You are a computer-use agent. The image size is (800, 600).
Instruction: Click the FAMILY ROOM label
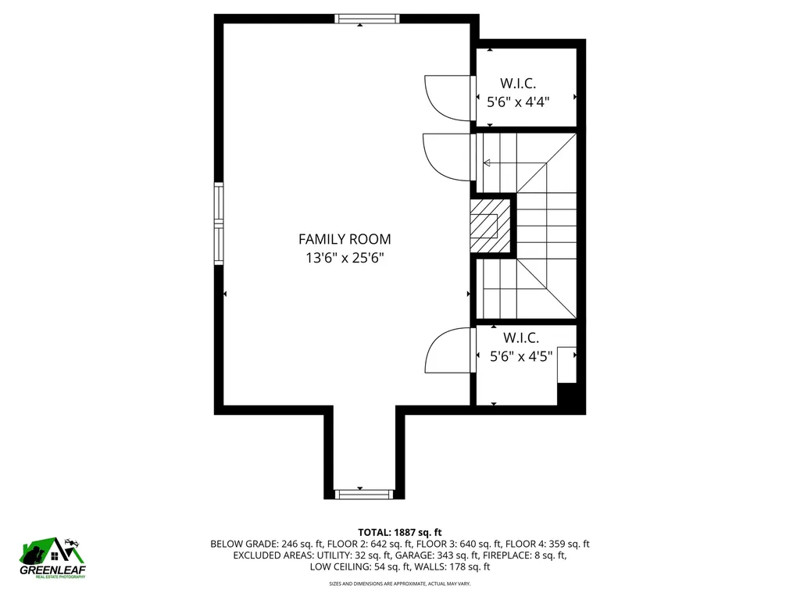345,239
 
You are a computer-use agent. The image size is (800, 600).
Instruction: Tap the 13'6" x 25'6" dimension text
345,258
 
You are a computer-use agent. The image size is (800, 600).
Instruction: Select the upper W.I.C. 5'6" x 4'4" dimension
518,102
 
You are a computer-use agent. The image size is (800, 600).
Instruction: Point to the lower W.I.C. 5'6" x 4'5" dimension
521,356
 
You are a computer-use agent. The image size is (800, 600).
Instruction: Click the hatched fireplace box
491,226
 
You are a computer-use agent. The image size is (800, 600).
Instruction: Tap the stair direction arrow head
487,163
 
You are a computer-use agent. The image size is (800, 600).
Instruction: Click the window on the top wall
367,19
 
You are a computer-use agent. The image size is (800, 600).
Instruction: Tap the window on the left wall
219,223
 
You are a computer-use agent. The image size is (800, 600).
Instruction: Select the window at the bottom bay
364,494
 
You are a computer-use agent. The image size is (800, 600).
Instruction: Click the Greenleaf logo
52,558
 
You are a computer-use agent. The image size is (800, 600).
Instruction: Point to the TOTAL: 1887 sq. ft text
399,533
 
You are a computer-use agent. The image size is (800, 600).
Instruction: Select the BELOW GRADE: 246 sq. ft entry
267,544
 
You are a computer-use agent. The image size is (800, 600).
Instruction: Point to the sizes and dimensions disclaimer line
399,584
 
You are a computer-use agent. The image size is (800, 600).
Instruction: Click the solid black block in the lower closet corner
567,395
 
